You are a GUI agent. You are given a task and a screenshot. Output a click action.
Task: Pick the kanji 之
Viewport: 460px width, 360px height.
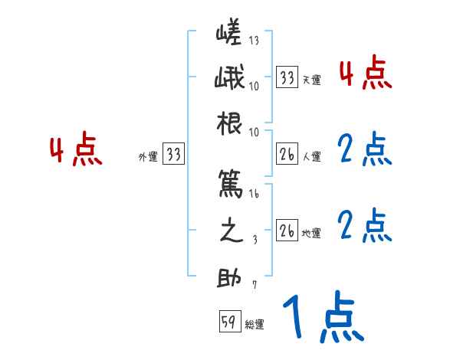[x=230, y=232]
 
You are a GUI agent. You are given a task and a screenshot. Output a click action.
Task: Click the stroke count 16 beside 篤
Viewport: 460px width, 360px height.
[x=254, y=195]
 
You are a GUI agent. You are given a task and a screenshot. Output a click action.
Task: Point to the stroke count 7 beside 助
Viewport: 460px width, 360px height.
[x=254, y=286]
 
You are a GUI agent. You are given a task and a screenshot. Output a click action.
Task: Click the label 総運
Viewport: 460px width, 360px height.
[x=255, y=325]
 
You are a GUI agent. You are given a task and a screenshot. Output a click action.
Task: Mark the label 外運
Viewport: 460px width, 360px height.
[x=148, y=157]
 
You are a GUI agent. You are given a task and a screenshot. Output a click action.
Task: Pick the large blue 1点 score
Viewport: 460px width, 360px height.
[x=322, y=318]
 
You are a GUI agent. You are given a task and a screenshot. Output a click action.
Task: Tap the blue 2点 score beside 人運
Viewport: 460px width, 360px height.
[x=365, y=150]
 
